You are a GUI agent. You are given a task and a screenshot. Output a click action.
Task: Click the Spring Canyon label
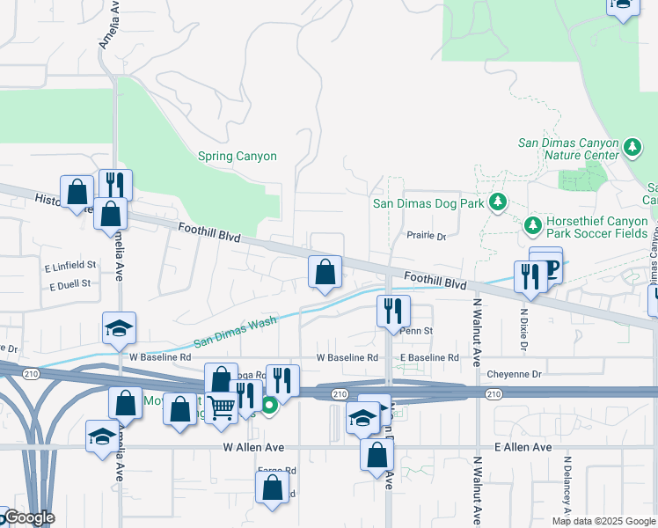(237, 157)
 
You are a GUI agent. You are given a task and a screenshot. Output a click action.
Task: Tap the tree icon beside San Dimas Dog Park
(498, 202)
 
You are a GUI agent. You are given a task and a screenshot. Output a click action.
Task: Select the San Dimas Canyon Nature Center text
(568, 149)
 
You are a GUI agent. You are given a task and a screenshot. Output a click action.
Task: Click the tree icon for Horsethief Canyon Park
(532, 226)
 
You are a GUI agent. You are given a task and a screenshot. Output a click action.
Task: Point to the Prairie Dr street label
(427, 236)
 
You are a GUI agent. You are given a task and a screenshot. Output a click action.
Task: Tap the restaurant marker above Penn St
(393, 311)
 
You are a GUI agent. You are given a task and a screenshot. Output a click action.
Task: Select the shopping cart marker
(221, 407)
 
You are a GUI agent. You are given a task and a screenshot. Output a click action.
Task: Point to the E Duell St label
(70, 285)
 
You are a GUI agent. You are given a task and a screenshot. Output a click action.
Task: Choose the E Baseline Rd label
(428, 358)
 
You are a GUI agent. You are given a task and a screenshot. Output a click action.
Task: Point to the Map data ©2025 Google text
(603, 521)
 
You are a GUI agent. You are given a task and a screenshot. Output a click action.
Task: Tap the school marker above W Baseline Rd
(119, 329)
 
